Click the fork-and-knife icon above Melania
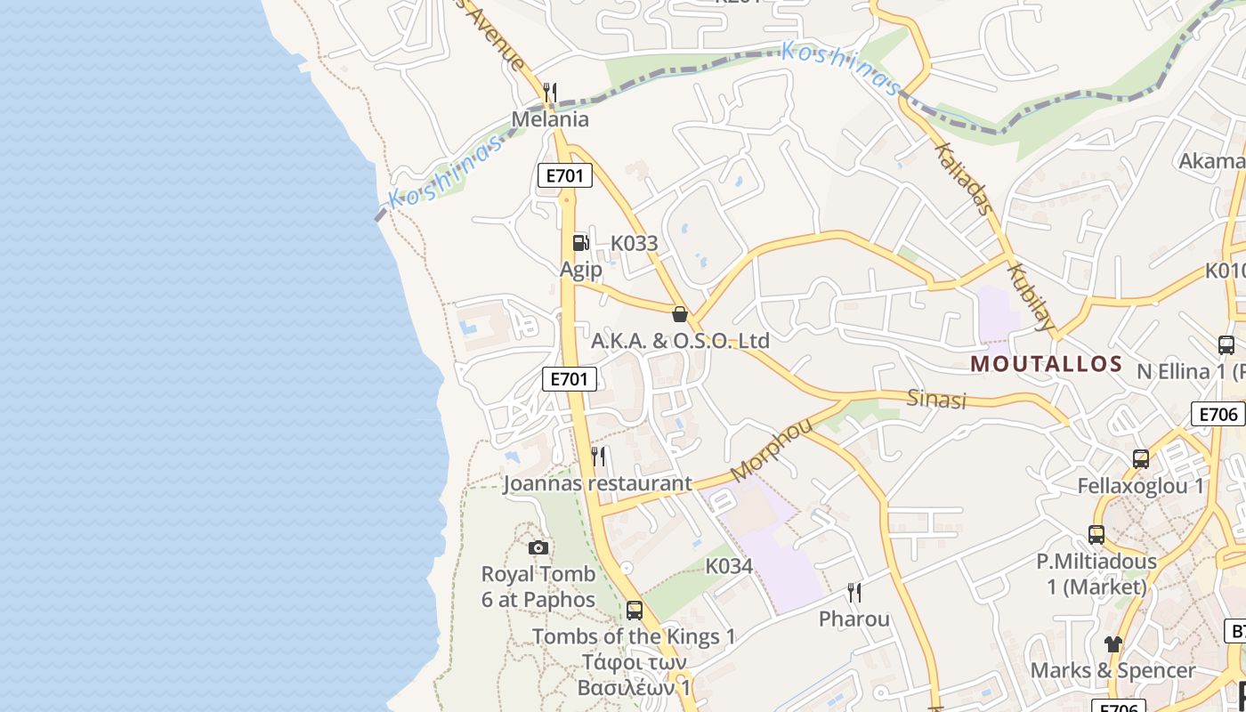550,93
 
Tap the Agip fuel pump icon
580,243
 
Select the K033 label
634,243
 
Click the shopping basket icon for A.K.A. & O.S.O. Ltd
680,314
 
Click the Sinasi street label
936,399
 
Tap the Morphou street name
771,449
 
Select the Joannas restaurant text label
596,483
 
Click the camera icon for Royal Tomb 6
538,547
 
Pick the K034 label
729,566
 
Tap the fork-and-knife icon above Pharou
854,593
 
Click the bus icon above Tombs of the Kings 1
634,611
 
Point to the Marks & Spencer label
1112,670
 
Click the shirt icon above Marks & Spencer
1112,643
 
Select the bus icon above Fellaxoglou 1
1140,459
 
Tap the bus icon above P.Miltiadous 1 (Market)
1096,535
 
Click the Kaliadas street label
964,179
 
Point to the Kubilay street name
1031,296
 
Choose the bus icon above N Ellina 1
1226,345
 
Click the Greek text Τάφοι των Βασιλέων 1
634,676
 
